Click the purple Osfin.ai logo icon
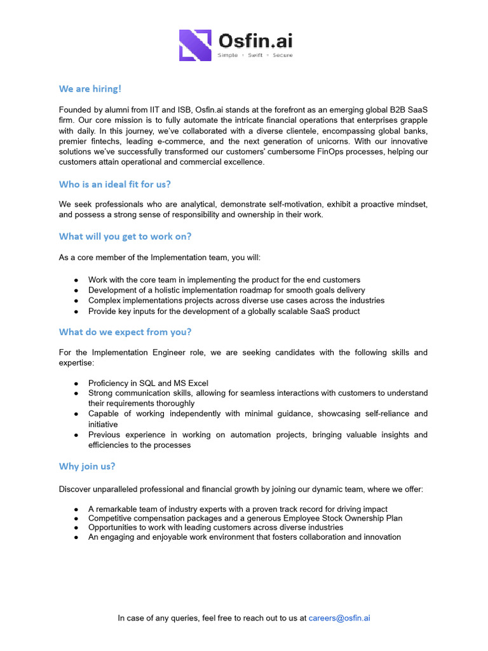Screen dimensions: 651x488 194,45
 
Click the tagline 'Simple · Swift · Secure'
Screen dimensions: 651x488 255,56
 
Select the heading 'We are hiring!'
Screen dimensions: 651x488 90,88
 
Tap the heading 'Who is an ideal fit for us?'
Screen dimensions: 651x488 114,184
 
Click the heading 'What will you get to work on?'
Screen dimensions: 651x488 125,236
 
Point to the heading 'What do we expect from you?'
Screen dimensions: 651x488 125,332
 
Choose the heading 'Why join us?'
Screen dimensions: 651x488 87,466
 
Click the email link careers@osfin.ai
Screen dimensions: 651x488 339,617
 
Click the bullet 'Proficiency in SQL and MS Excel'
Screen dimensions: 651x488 148,383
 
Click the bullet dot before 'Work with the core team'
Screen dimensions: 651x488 76,280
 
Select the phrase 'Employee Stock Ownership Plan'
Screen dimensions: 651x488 343,518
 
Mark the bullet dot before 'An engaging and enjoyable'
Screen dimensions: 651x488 76,537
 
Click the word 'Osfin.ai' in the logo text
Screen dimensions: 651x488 255,41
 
